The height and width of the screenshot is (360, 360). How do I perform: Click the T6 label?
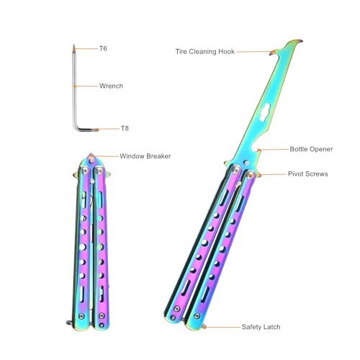click(x=103, y=49)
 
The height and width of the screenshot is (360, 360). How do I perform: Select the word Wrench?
click(x=111, y=86)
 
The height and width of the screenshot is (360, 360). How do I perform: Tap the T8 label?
click(x=125, y=129)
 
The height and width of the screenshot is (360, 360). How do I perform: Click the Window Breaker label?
click(x=145, y=156)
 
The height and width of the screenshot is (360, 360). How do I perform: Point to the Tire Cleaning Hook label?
click(x=205, y=52)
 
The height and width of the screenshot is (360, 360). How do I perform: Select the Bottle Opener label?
click(x=311, y=149)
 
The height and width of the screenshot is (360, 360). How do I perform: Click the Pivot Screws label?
click(x=308, y=174)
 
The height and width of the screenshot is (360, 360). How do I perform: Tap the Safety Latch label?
click(x=261, y=327)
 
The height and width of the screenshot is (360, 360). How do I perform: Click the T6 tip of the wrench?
click(x=73, y=45)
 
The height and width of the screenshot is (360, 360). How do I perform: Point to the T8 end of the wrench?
click(x=96, y=130)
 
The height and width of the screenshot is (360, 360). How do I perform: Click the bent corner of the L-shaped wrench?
click(x=76, y=127)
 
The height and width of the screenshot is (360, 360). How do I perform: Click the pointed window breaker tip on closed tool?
click(x=91, y=155)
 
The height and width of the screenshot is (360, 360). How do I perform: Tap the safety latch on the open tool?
click(x=204, y=327)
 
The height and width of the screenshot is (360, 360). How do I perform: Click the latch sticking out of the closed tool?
click(x=70, y=323)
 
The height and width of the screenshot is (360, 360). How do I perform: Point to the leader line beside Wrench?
click(x=86, y=86)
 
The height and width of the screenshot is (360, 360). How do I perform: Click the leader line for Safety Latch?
click(x=223, y=327)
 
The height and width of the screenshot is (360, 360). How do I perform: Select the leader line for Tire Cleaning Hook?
click(x=254, y=52)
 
